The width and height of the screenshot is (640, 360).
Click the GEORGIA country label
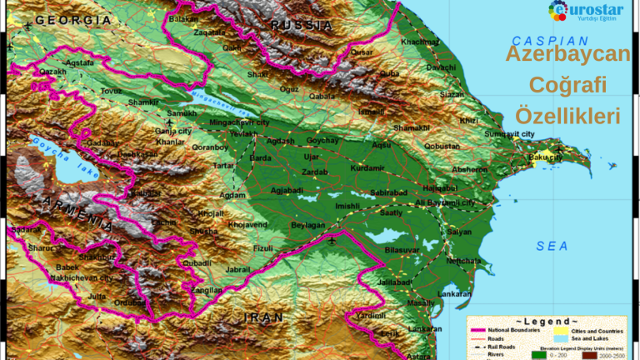[73, 19]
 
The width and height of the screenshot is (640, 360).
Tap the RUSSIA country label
[301, 25]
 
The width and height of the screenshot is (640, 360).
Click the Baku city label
[545, 157]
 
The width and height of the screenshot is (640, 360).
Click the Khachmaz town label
[419, 42]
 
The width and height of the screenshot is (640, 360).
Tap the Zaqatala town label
[209, 32]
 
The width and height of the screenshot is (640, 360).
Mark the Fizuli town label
[262, 247]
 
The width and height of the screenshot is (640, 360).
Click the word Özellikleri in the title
[567, 115]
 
